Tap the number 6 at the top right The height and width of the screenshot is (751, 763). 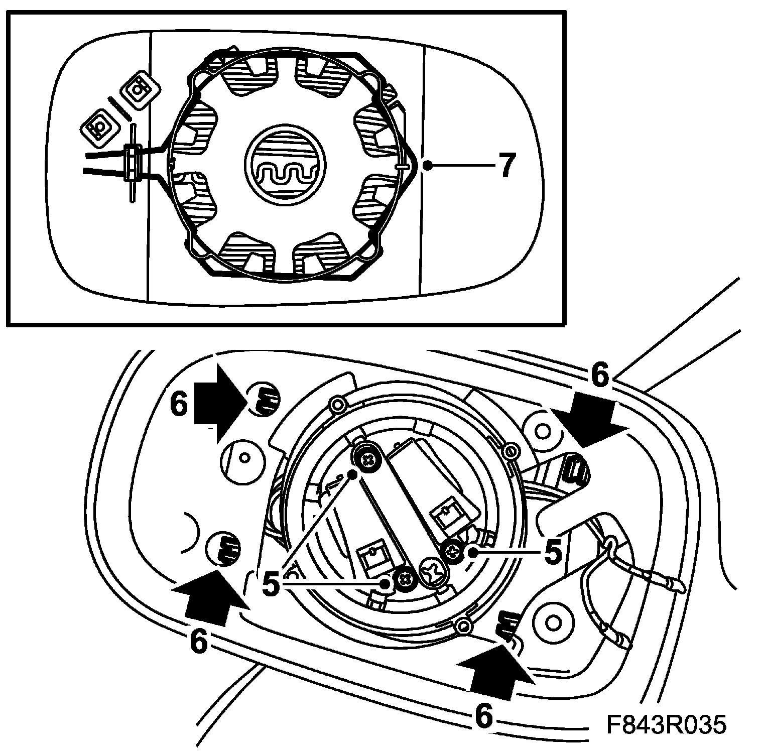click(600, 375)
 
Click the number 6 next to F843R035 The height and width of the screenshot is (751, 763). click(483, 716)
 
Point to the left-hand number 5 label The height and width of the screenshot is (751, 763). click(271, 584)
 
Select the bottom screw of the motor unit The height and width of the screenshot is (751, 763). click(405, 580)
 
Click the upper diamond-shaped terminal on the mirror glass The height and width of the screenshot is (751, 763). click(141, 91)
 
